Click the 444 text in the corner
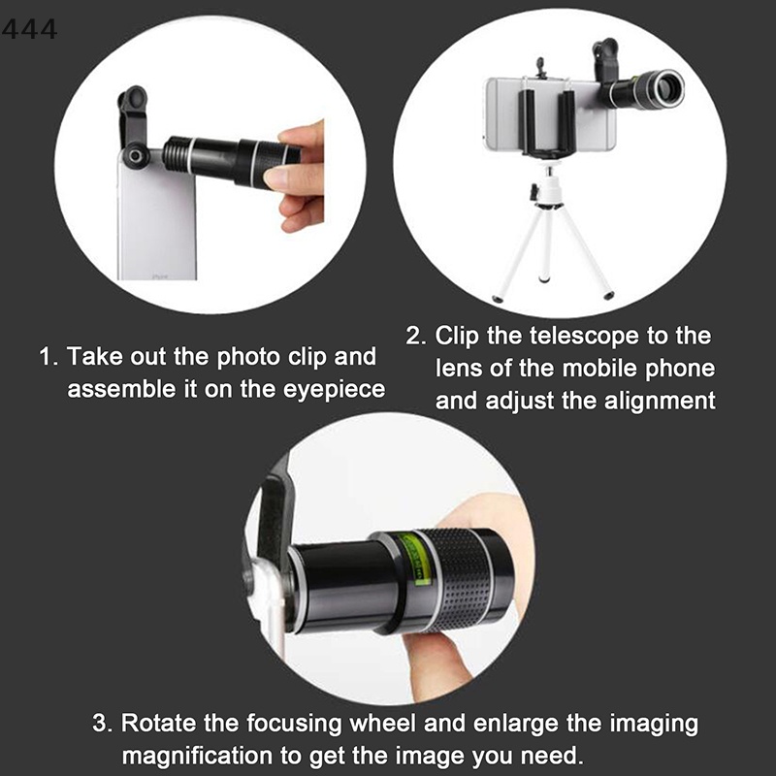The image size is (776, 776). click(29, 30)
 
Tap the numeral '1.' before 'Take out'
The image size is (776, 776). click(49, 357)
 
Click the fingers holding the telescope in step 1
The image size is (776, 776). click(301, 175)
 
